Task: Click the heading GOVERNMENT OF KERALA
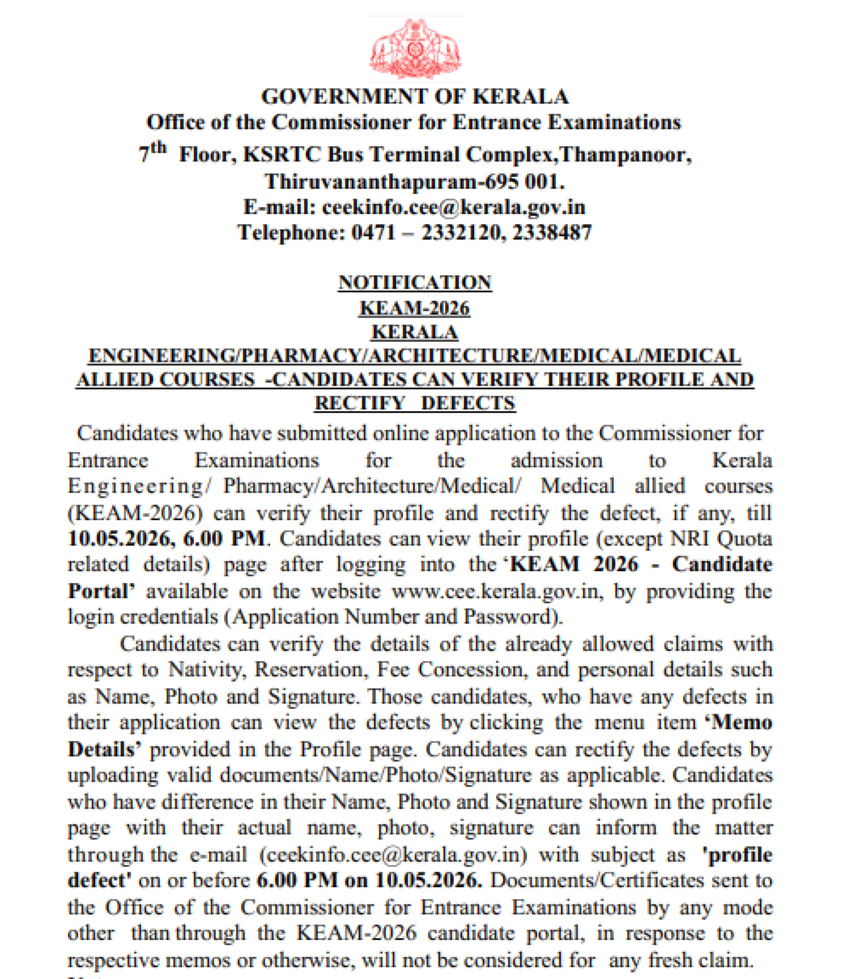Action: [415, 97]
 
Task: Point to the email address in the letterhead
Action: [453, 207]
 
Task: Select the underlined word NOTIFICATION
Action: [415, 283]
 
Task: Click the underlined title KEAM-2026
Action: [415, 308]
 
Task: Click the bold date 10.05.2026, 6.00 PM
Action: [166, 539]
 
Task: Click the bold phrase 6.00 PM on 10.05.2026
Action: [369, 881]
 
